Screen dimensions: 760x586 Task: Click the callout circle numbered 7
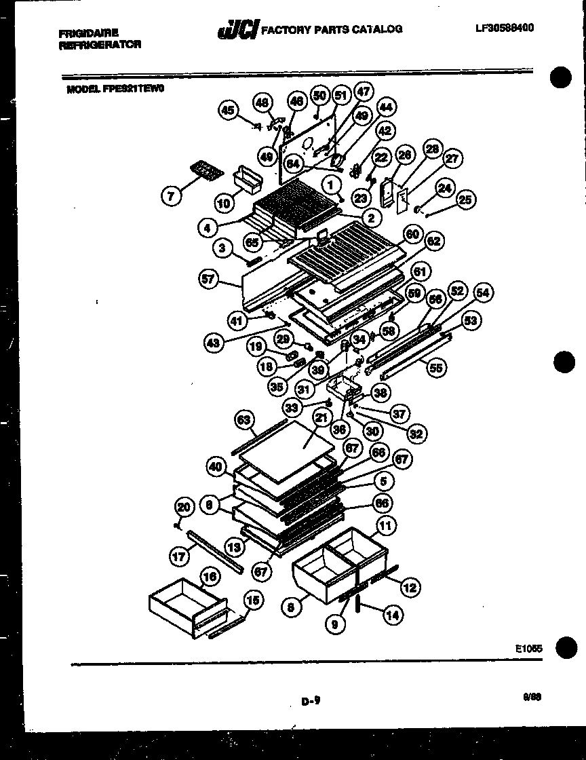point(172,196)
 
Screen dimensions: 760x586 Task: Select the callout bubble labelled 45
point(229,111)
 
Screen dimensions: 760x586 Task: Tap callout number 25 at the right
point(466,199)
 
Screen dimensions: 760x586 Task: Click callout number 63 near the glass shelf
point(246,421)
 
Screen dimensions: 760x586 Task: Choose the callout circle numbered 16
point(210,577)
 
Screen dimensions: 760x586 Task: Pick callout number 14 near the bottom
point(392,615)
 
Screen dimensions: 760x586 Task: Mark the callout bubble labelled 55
point(436,368)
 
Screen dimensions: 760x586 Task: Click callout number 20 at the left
point(183,506)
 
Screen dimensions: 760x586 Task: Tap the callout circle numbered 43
point(215,343)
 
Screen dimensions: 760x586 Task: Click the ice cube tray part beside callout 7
point(205,170)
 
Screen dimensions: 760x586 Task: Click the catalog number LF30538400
point(504,28)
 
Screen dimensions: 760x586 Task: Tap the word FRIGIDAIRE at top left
point(89,33)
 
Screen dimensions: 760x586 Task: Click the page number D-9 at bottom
point(311,704)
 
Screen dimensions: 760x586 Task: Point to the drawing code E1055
point(529,649)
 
